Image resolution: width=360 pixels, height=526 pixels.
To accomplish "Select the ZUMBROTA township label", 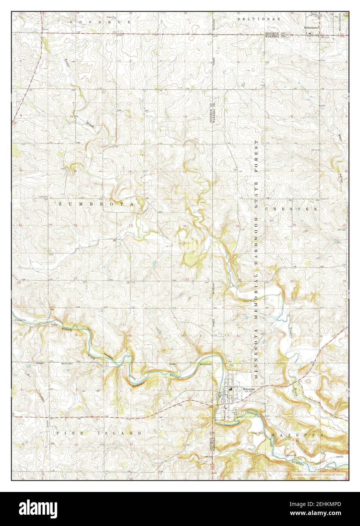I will tap(96, 204).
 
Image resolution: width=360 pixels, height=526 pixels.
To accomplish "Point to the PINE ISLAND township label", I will tap(99, 433).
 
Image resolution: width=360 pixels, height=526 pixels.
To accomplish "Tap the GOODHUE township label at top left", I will tap(100, 22).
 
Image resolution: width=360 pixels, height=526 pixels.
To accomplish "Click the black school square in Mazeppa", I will tap(231, 389).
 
